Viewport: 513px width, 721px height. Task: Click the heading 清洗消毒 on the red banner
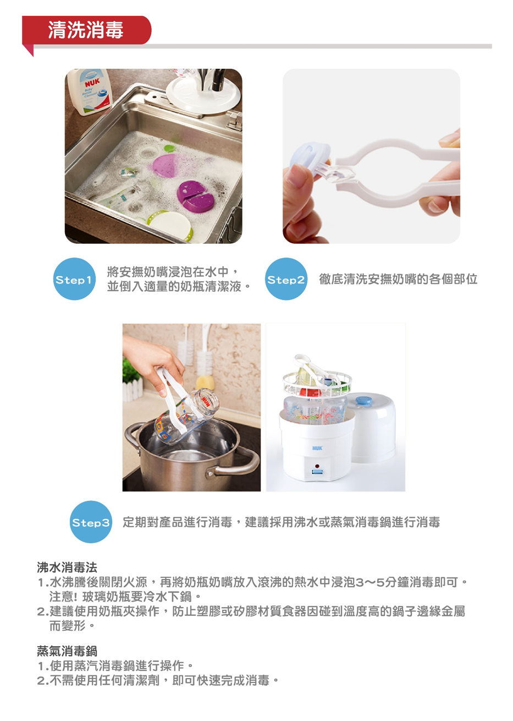click(x=86, y=30)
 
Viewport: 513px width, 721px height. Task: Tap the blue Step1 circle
click(x=74, y=279)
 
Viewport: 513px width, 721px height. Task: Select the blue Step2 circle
click(x=286, y=279)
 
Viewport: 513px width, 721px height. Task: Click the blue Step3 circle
click(x=91, y=522)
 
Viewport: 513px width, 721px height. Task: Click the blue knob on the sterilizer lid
click(x=362, y=400)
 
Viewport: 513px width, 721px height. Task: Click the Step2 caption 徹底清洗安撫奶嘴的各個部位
click(x=398, y=279)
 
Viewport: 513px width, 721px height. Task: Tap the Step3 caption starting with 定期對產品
click(x=281, y=522)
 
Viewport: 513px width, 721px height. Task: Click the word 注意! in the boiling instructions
click(x=64, y=597)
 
